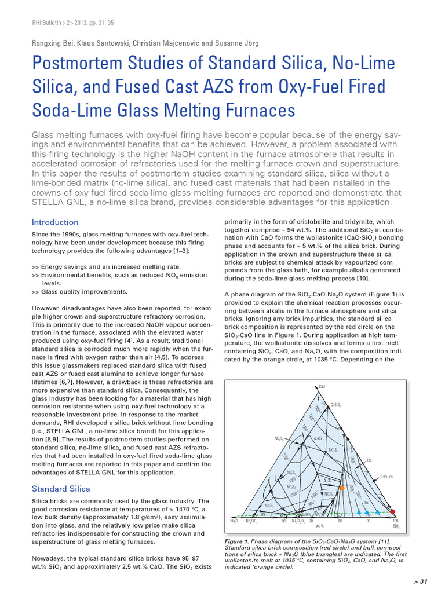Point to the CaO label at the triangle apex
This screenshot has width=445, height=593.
[322, 386]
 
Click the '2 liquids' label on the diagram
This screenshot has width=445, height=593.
[387, 477]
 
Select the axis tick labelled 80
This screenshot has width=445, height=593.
[340, 521]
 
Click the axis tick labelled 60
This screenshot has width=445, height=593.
[283, 521]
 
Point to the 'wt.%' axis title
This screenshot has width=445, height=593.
[319, 526]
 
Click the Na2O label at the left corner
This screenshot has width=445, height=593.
[234, 521]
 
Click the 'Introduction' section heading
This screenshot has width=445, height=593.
[55, 222]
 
